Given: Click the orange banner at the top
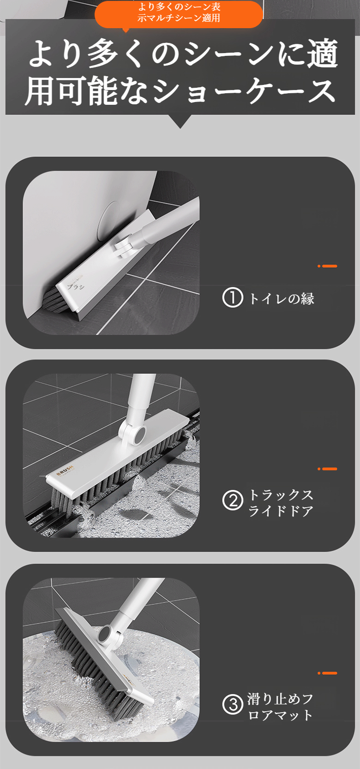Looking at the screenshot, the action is point(179,14).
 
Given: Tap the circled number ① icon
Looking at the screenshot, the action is point(232,298).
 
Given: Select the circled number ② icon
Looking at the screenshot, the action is point(232,501).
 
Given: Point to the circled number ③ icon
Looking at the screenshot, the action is point(232,704).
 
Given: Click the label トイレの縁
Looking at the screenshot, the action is point(282,298).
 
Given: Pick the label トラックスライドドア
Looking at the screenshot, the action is point(281,503).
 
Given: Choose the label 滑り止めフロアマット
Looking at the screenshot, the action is point(280,706).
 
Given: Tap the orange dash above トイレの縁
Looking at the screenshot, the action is point(327,266).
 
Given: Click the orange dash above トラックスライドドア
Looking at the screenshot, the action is point(327,469).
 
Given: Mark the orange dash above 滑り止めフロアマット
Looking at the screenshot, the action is point(327,673).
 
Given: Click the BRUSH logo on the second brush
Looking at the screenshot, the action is point(65,470).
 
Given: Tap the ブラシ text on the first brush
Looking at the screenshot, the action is point(76,286).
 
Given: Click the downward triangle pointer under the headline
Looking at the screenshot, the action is point(180,121).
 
